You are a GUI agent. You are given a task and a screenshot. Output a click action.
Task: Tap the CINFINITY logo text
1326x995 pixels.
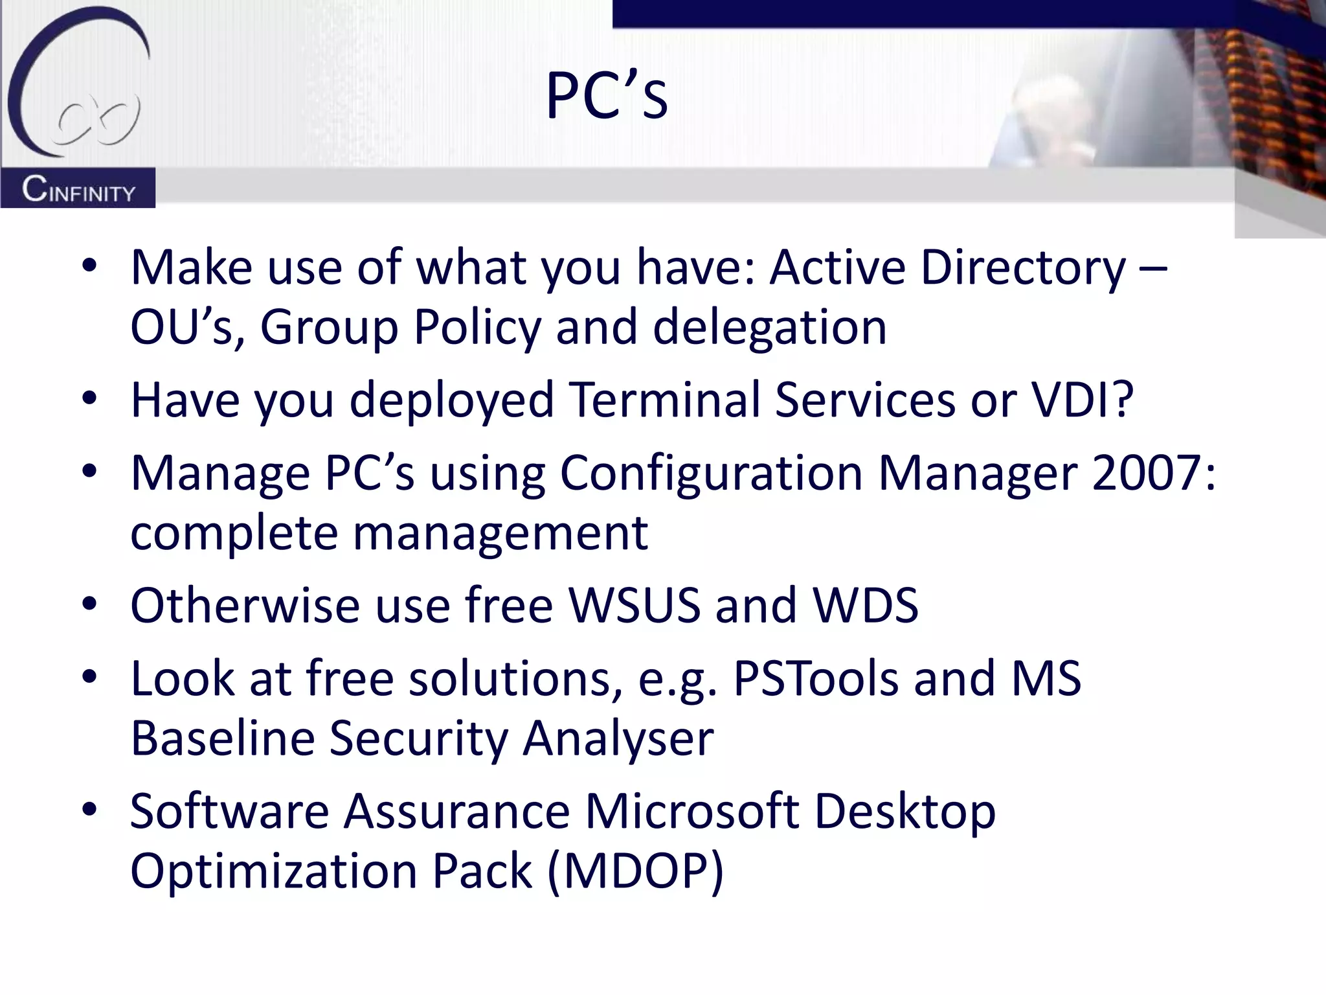[x=78, y=190]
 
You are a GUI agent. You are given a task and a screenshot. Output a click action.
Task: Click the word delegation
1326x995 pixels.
[x=769, y=327]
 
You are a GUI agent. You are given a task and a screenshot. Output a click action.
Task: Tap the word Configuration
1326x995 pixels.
[x=710, y=473]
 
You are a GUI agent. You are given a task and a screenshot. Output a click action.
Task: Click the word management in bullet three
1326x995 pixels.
[x=500, y=533]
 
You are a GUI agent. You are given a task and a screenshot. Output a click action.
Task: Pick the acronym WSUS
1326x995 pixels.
[x=635, y=605]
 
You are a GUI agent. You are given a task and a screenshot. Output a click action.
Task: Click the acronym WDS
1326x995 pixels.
[x=865, y=605]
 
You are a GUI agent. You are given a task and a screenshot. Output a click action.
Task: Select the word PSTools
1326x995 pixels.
[x=816, y=678]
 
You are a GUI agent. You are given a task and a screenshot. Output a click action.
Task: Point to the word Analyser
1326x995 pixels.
[x=618, y=738]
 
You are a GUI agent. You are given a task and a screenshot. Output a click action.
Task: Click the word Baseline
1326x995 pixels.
[x=222, y=738]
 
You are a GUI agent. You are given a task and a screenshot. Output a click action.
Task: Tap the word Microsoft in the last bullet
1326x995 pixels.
[x=692, y=811]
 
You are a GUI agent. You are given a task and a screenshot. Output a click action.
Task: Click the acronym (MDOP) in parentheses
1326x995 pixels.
[x=635, y=871]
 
